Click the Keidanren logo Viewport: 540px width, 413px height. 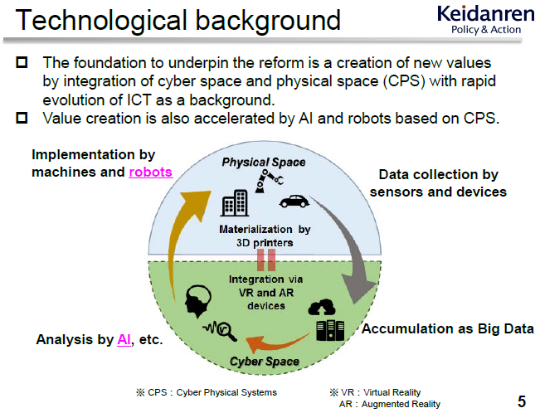[485, 20]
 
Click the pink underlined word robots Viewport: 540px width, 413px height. [150, 172]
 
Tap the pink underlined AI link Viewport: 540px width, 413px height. [124, 340]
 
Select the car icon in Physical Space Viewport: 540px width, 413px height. [294, 202]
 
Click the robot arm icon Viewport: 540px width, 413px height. [270, 181]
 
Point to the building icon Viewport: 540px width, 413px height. [235, 203]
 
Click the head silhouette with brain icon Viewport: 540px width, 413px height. [198, 301]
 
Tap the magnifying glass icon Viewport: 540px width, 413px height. [226, 332]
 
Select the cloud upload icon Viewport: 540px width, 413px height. [322, 307]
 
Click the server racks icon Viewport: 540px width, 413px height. [330, 330]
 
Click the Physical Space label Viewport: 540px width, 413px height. [264, 162]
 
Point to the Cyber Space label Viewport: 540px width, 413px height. [264, 362]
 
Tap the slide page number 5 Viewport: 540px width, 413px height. [522, 401]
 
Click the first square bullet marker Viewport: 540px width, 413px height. [22, 62]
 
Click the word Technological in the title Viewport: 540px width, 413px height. [101, 21]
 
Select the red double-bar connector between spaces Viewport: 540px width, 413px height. [266, 260]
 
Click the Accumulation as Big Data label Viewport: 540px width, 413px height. [448, 328]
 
